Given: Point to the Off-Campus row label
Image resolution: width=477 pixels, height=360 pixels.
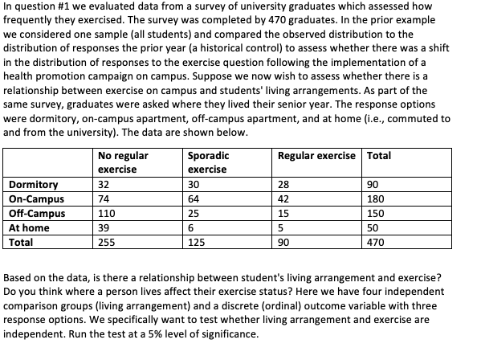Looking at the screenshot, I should click(36, 213).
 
